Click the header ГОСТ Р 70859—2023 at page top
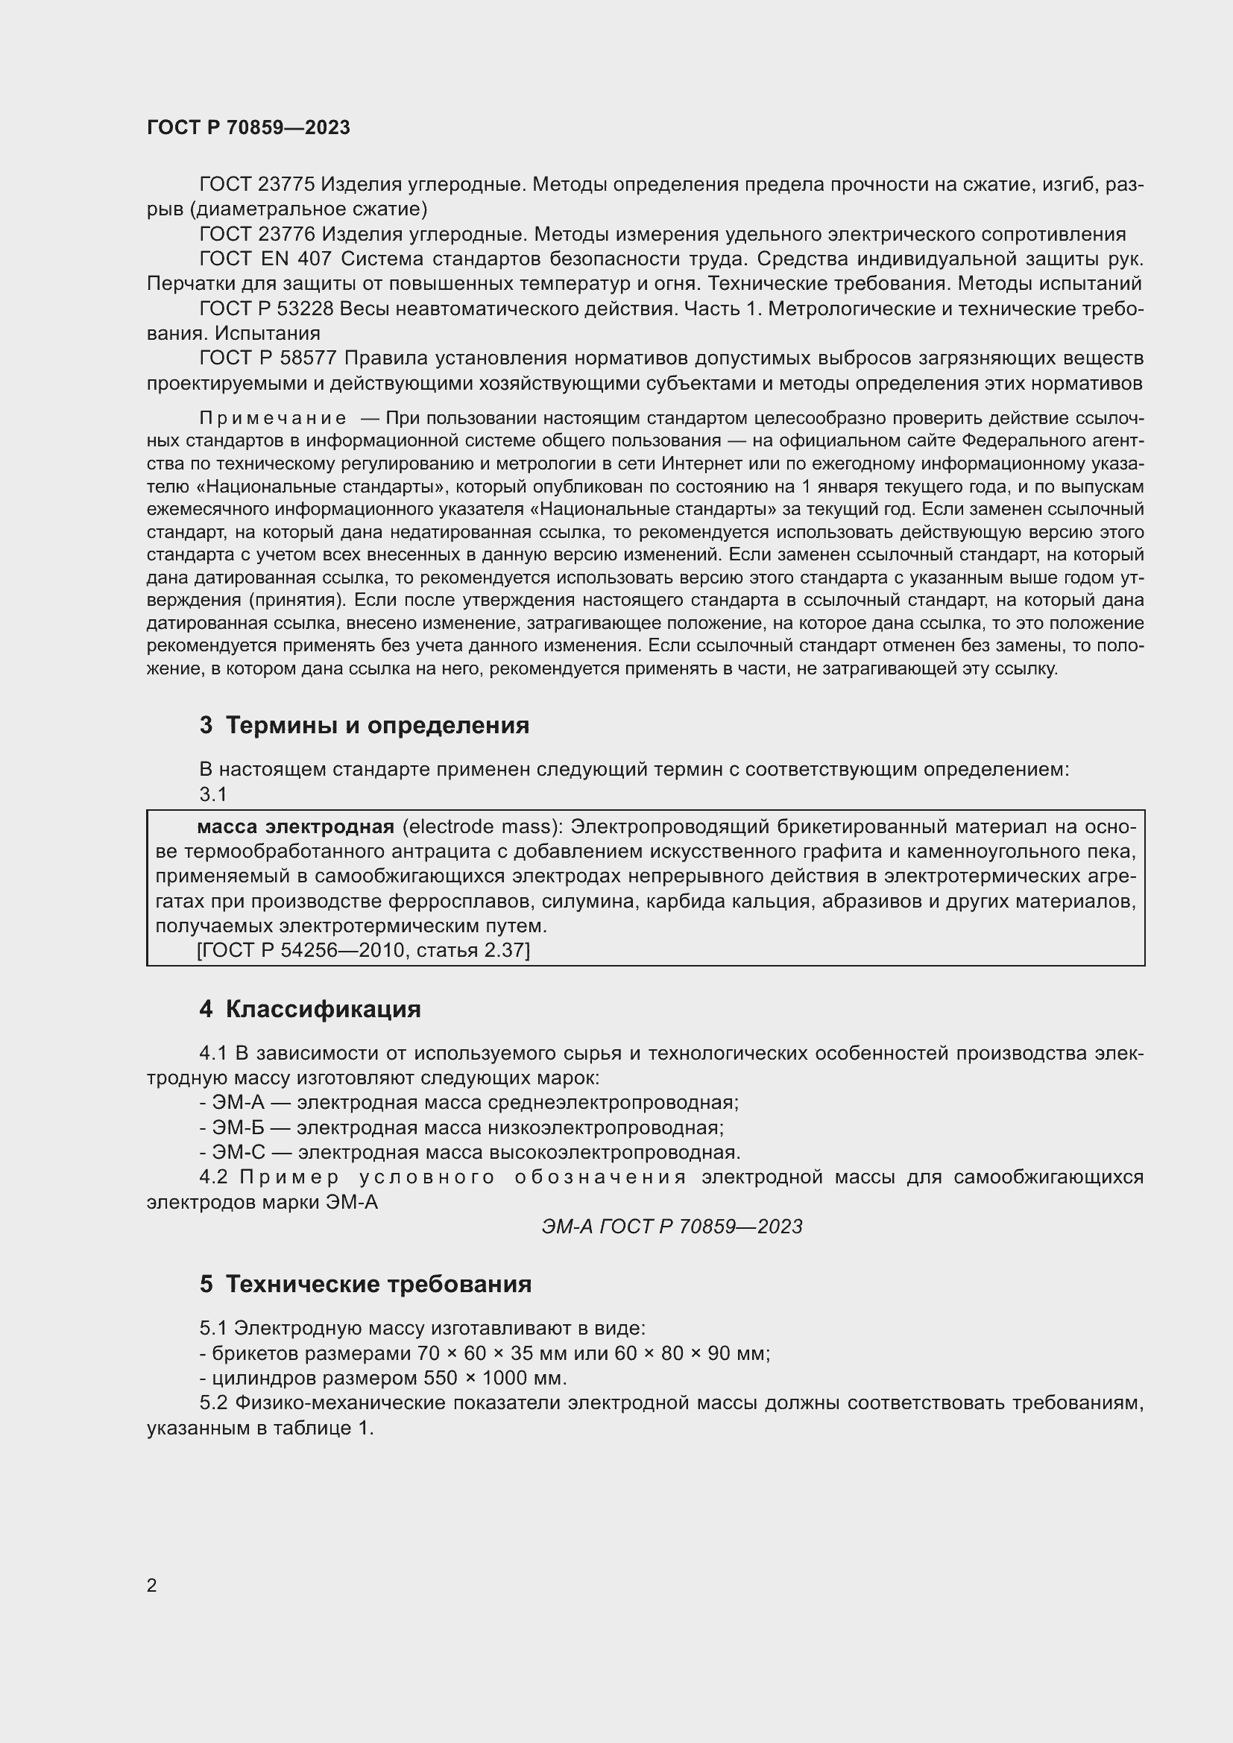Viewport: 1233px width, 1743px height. point(248,127)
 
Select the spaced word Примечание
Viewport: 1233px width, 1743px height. point(274,418)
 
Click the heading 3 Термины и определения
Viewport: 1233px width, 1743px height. point(365,726)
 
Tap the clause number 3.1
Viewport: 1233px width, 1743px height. point(213,794)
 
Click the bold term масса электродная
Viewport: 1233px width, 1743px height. point(295,826)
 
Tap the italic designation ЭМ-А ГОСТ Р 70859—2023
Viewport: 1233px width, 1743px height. point(672,1227)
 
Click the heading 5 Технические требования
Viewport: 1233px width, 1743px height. point(365,1285)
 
